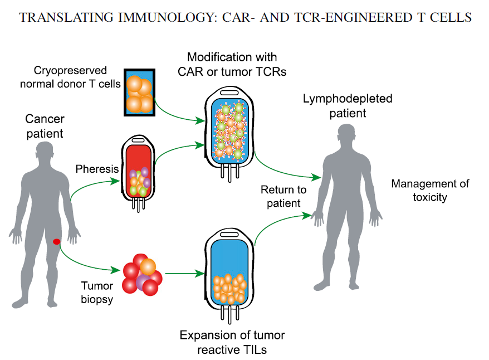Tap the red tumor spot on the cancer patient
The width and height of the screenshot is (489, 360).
[x=56, y=241]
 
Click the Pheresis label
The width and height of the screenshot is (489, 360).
[x=97, y=169]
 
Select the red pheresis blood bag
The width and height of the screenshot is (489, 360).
[x=138, y=173]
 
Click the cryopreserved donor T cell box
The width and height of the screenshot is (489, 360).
[x=139, y=93]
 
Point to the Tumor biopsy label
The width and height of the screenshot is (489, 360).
[x=97, y=293]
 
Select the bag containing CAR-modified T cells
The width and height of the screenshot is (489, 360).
[x=229, y=134]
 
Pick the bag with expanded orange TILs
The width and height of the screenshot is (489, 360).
[x=229, y=276]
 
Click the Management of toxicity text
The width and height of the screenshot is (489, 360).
[x=430, y=190]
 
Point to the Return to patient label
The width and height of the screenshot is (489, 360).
[x=283, y=196]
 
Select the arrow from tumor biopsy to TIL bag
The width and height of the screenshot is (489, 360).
[x=184, y=274]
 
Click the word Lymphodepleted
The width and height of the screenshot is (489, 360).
[x=348, y=99]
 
